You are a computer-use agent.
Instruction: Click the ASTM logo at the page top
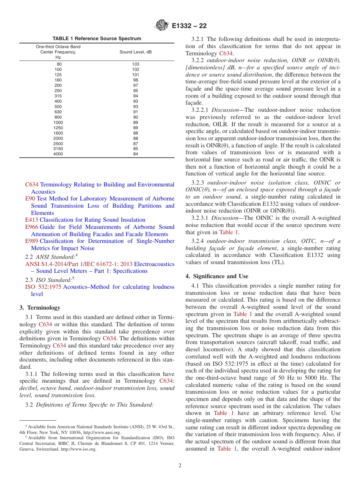click(162, 26)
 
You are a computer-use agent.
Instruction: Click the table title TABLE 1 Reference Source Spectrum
click(97, 39)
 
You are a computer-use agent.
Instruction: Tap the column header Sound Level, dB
click(136, 52)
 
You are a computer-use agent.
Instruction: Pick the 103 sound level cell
click(136, 64)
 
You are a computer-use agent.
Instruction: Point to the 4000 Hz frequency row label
click(58, 154)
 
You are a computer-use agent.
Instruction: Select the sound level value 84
click(136, 154)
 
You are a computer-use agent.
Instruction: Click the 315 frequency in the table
click(58, 96)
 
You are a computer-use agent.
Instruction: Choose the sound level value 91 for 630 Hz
click(136, 112)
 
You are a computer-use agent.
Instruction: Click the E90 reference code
click(30, 199)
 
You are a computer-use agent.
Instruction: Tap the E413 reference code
click(31, 220)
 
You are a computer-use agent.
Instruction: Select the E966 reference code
click(31, 227)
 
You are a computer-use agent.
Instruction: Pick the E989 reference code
click(31, 241)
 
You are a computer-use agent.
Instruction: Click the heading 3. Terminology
click(39, 307)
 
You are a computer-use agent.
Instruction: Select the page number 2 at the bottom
click(180, 466)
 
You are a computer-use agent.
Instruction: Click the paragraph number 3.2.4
click(198, 241)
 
